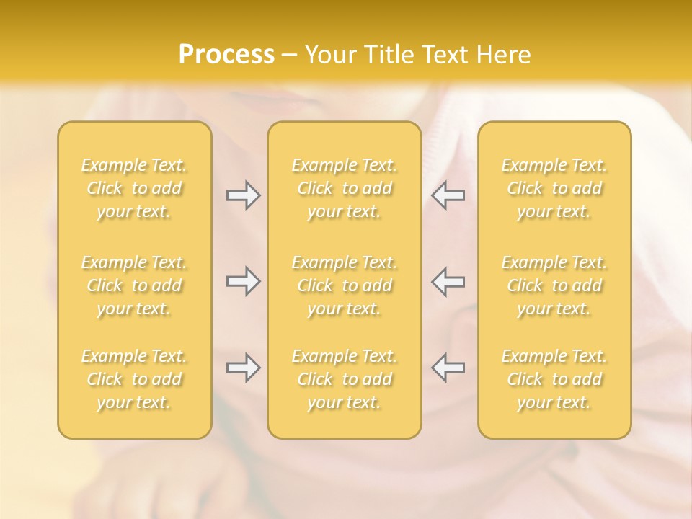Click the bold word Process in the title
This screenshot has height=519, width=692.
226,55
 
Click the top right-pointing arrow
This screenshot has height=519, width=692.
244,195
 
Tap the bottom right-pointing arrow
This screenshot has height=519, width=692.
244,368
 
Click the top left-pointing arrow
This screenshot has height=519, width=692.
448,195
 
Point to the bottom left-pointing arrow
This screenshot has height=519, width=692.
448,368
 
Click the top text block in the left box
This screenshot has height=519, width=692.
134,188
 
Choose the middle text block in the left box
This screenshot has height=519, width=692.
134,285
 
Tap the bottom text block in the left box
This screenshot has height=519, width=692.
134,379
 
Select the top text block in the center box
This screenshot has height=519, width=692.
344,188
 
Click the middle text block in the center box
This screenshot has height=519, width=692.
344,285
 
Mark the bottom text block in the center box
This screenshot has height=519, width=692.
344,379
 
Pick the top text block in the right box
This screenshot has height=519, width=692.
554,188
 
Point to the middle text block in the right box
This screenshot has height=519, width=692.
554,285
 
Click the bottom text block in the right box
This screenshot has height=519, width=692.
554,379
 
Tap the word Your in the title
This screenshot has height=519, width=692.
329,55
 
